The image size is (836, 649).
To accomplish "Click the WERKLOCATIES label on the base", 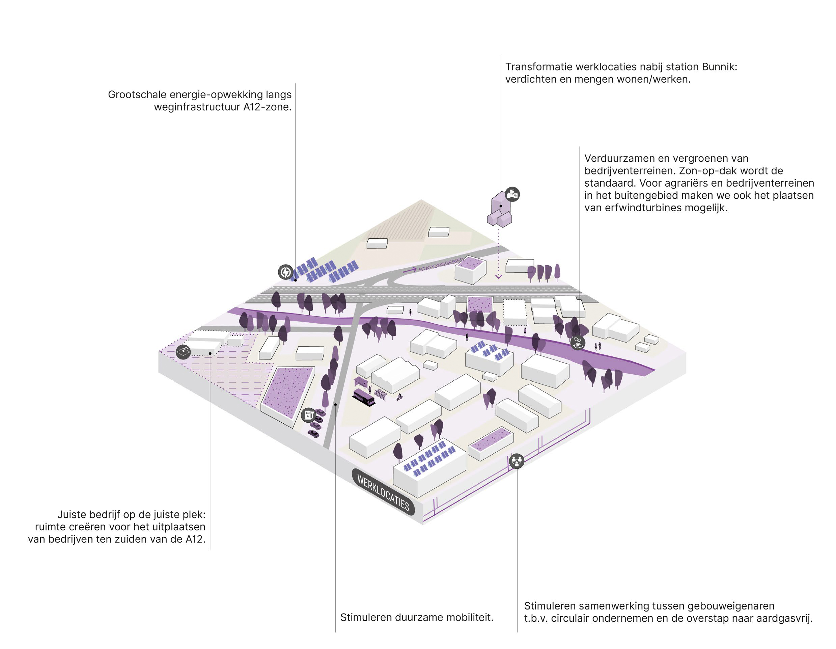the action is click(383, 492).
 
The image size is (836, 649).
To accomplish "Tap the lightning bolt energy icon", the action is click(285, 272).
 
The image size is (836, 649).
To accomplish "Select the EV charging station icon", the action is click(308, 415).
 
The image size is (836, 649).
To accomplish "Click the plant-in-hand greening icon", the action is click(577, 342).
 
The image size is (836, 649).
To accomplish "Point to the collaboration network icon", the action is click(517, 461).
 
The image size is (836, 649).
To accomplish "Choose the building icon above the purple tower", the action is click(512, 194).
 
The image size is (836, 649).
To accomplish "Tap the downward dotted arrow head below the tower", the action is click(498, 276).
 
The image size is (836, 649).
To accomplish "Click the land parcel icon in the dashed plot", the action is click(183, 351).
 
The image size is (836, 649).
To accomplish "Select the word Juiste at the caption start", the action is click(72, 515).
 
